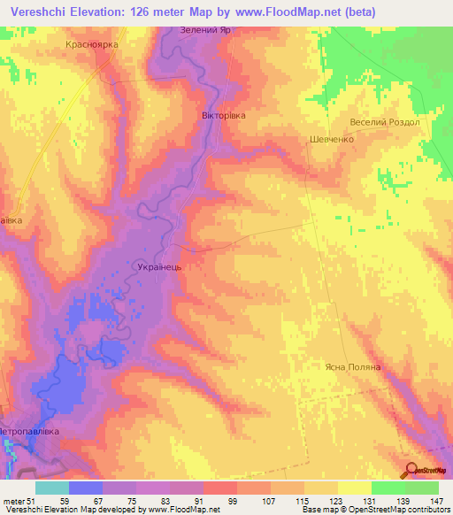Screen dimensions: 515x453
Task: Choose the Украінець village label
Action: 159,265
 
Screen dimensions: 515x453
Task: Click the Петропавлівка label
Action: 31,431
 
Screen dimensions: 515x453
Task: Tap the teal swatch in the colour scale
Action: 52,488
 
